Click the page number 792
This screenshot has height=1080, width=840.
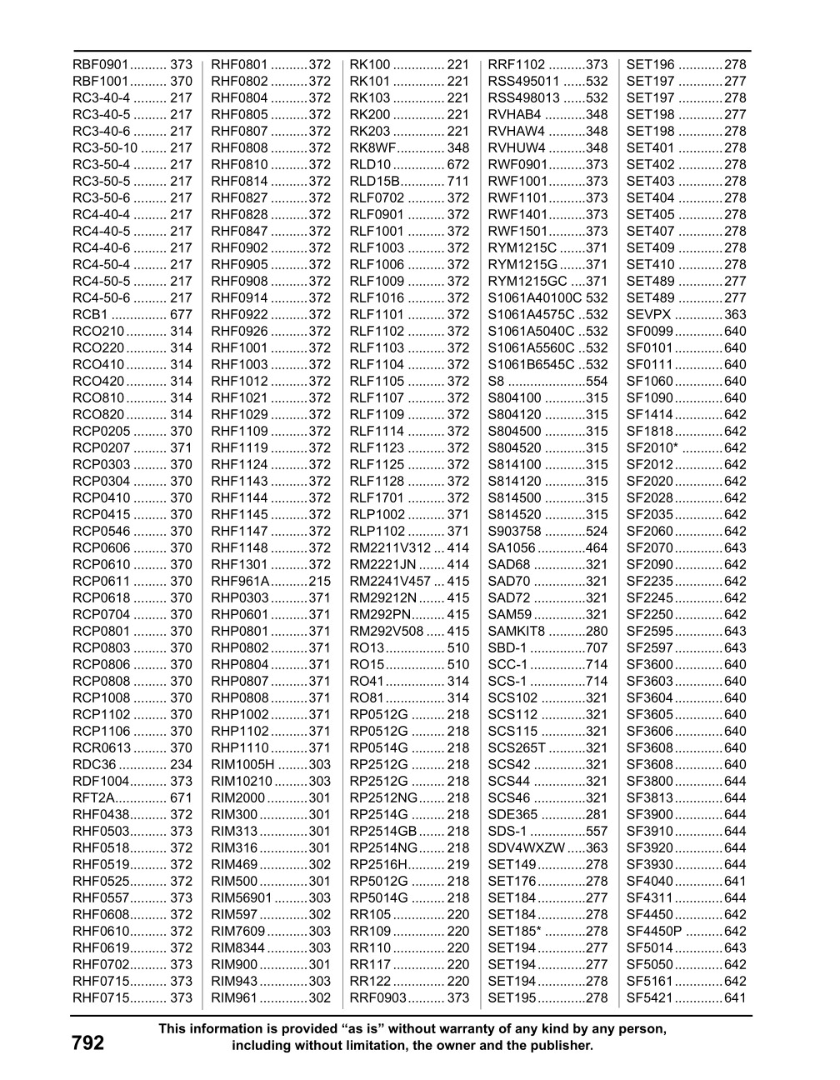coord(87,1042)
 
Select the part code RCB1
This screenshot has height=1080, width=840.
coord(90,315)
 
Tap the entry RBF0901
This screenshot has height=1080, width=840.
coord(100,65)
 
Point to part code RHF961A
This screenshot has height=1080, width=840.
coord(240,582)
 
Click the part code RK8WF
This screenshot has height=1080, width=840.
coord(372,148)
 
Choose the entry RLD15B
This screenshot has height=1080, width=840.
coord(376,182)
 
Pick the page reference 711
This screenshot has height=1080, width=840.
coord(458,182)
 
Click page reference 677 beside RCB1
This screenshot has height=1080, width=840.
coord(181,315)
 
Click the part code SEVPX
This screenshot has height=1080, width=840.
coord(648,315)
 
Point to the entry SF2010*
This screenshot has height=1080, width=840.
coord(652,448)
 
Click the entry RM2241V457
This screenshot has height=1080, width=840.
coord(390,582)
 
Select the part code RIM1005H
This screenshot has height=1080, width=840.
coord(242,765)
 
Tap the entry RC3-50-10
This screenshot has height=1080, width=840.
coord(105,148)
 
